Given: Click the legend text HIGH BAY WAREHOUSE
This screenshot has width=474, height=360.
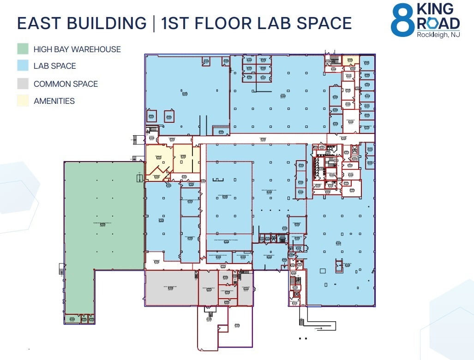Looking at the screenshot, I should click(x=77, y=49).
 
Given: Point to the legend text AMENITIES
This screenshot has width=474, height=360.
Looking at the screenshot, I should click(x=54, y=101).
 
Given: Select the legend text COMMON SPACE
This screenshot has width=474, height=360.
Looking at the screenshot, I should click(x=66, y=84).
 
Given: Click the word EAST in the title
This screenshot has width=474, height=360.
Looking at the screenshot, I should click(x=39, y=23).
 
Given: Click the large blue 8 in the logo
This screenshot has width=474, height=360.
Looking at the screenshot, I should click(x=402, y=21).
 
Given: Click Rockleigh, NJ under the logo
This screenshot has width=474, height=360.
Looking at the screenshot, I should click(x=438, y=35).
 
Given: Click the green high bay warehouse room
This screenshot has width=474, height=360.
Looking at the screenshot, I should click(x=104, y=217).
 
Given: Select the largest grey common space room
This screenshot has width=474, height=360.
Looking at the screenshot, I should click(x=171, y=288).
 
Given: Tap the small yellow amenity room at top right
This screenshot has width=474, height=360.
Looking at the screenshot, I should click(x=350, y=60).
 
